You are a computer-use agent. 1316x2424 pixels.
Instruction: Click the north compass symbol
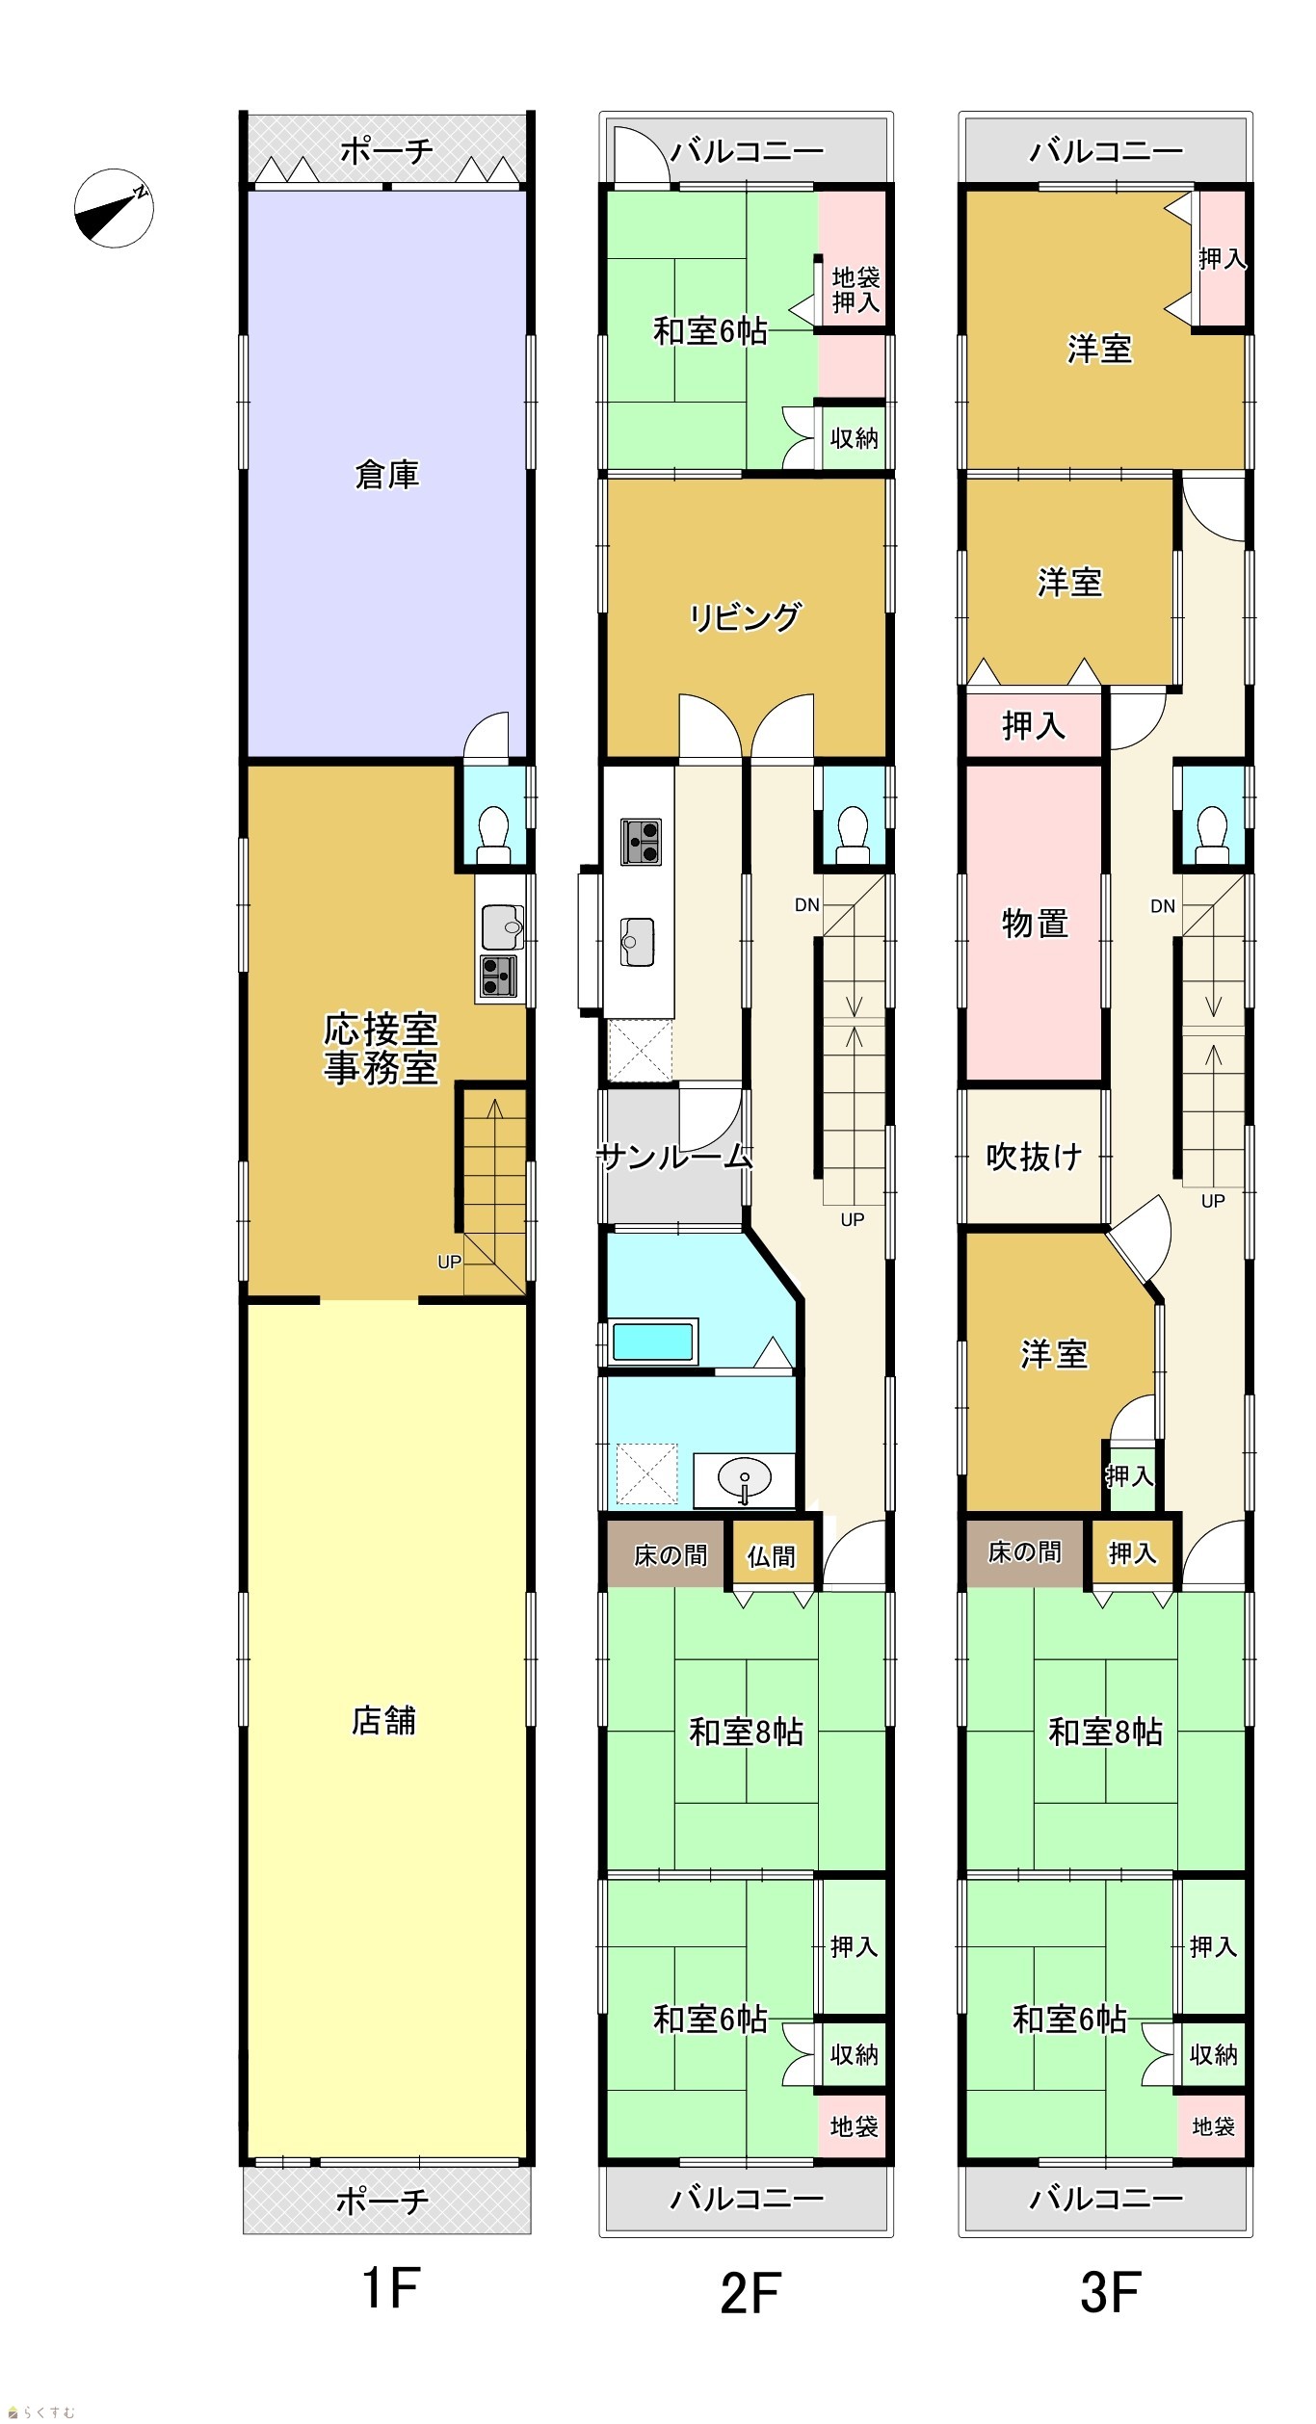pyautogui.click(x=114, y=208)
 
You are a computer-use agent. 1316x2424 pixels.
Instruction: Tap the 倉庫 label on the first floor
pyautogui.click(x=386, y=475)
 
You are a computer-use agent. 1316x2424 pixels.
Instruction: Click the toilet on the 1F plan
pyautogui.click(x=494, y=834)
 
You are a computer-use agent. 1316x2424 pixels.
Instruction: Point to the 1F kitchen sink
pyautogui.click(x=502, y=926)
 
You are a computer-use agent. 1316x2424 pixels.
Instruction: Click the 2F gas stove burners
pyautogui.click(x=641, y=842)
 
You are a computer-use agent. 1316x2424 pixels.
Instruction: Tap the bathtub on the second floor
pyautogui.click(x=652, y=1342)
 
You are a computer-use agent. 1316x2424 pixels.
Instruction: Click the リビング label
pyautogui.click(x=745, y=616)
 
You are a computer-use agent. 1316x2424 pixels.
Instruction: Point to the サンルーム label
pyautogui.click(x=674, y=1156)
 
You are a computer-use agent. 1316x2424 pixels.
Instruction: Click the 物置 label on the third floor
pyautogui.click(x=1035, y=924)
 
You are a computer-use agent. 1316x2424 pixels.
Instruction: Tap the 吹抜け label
pyautogui.click(x=1034, y=1156)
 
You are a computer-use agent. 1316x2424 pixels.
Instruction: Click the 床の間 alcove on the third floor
pyautogui.click(x=1025, y=1552)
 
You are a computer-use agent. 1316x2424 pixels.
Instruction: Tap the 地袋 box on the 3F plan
pyautogui.click(x=1213, y=2125)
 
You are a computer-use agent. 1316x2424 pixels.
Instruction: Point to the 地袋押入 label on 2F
pyautogui.click(x=855, y=290)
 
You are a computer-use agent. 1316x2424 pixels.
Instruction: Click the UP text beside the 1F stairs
pyautogui.click(x=449, y=1262)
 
